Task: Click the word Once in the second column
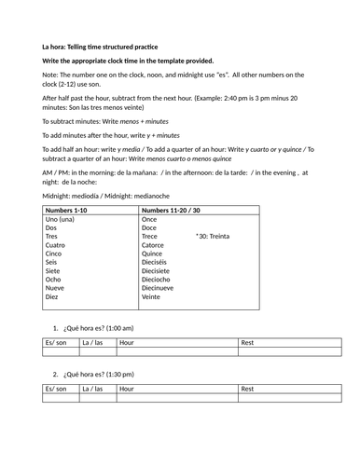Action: pos(132,220)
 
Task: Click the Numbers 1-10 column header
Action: pos(72,210)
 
